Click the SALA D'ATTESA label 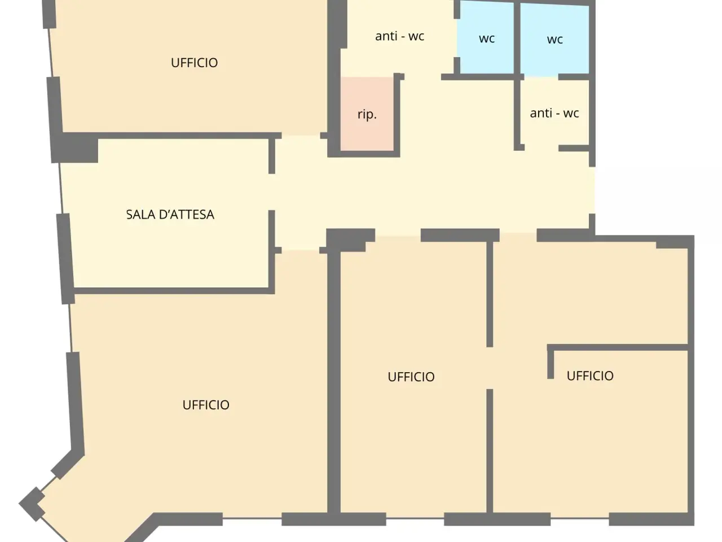(x=170, y=215)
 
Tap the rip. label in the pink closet (x=367, y=115)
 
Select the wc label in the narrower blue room (x=487, y=38)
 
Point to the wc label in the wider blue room (x=555, y=40)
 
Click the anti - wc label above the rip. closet (x=400, y=36)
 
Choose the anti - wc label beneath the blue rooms (x=554, y=113)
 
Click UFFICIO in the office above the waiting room (x=194, y=63)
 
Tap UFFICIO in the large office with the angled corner (x=206, y=405)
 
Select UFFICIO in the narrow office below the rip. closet (x=411, y=377)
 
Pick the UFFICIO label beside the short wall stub (x=590, y=375)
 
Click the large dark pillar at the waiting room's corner (x=75, y=148)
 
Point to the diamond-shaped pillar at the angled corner (x=32, y=504)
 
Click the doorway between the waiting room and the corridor (x=272, y=192)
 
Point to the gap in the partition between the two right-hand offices (x=490, y=368)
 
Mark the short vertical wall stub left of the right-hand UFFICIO (x=551, y=362)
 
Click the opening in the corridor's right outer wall (x=592, y=190)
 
